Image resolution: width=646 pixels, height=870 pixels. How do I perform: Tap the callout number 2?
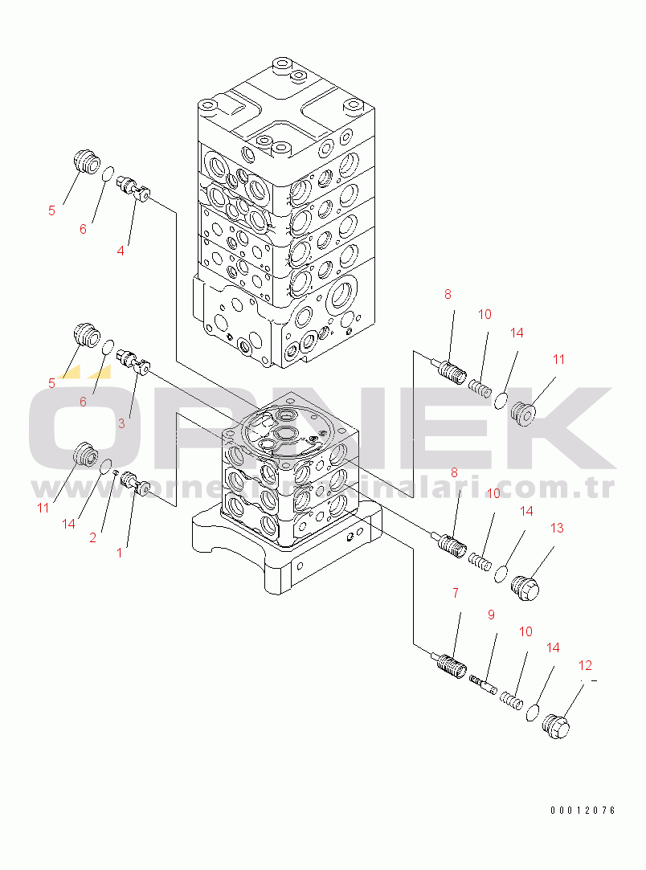pyautogui.click(x=93, y=538)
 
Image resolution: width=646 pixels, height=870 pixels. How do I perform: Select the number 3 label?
pyautogui.click(x=121, y=423)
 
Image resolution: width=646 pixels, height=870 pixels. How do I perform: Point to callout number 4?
pyautogui.click(x=121, y=250)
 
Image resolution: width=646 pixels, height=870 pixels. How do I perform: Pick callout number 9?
pyautogui.click(x=491, y=615)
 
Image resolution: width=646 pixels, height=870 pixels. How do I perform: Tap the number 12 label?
pyautogui.click(x=585, y=665)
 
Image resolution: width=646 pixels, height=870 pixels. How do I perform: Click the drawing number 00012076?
pyautogui.click(x=583, y=811)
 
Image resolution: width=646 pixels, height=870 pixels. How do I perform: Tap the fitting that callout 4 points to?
pyautogui.click(x=134, y=190)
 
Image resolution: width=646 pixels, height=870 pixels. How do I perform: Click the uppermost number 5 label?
pyautogui.click(x=51, y=210)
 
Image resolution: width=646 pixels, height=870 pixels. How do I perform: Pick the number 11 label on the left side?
pyautogui.click(x=43, y=508)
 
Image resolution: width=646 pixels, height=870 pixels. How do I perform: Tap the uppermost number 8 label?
pyautogui.click(x=448, y=295)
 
